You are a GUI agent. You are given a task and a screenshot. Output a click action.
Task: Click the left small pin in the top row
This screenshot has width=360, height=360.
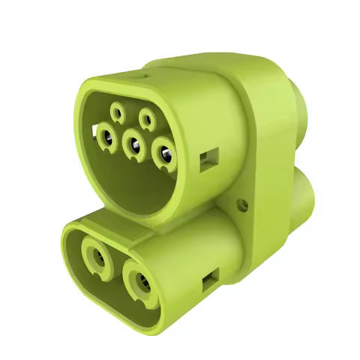pos(118,112)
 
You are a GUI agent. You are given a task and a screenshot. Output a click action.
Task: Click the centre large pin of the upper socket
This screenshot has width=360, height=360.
pos(133,144)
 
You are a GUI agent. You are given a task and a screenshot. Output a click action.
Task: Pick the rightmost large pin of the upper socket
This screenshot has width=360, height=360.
pos(164,154)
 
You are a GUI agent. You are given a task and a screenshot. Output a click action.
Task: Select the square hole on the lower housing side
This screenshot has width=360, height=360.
pos(209,283)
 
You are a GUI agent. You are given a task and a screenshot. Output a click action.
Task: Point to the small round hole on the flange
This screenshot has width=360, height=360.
pos(241,203)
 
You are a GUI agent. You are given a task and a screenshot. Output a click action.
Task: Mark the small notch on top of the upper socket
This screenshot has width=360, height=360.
pos(136,75)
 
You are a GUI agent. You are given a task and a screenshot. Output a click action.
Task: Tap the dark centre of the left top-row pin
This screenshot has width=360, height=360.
pos(118,112)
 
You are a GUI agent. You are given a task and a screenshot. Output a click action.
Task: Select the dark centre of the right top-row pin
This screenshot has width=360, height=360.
pos(146,117)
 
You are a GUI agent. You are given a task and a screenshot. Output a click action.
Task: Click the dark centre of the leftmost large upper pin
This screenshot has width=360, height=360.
pos(106,136)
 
